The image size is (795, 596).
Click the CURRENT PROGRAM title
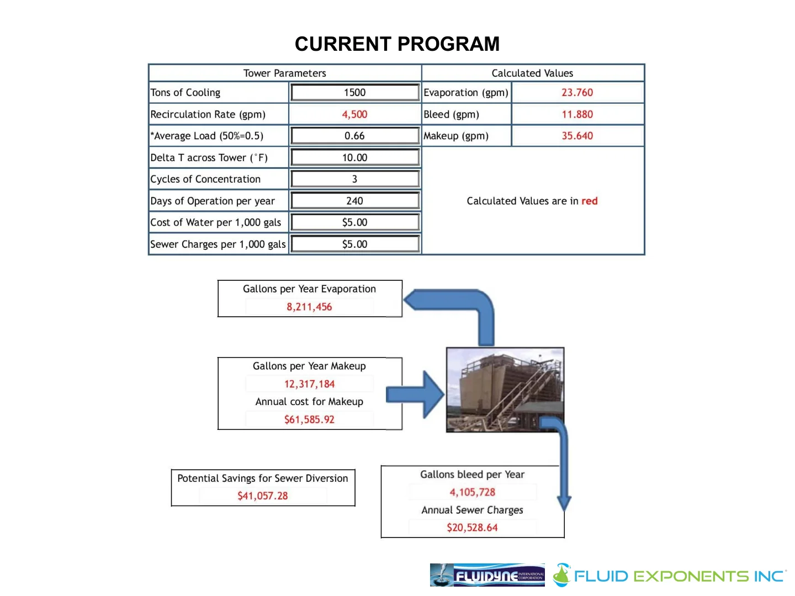[x=397, y=44]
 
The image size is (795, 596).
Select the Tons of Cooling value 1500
[x=354, y=93]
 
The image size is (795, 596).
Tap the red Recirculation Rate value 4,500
[x=354, y=114]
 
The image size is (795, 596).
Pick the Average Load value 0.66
[x=354, y=136]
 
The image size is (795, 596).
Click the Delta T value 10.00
[x=354, y=158]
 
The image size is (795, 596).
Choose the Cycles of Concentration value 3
[x=354, y=179]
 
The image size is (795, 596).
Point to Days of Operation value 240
[x=354, y=201]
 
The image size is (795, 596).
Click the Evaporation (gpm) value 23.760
[x=577, y=93]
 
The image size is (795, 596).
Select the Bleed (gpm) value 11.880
[x=577, y=114]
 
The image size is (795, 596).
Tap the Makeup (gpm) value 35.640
[x=577, y=136]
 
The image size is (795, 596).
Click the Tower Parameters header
[x=284, y=73]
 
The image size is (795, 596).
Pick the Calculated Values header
[x=532, y=73]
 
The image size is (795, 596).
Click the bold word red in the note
[x=589, y=201]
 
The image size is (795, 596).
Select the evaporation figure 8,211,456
[x=309, y=307]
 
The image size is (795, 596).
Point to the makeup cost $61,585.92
[x=309, y=419]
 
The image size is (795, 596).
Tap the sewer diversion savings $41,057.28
[x=263, y=496]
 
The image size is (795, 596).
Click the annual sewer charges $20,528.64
[x=472, y=528]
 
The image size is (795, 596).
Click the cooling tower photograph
[x=505, y=389]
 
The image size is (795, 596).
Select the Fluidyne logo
[x=487, y=575]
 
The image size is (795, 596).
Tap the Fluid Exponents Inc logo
[x=670, y=576]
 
